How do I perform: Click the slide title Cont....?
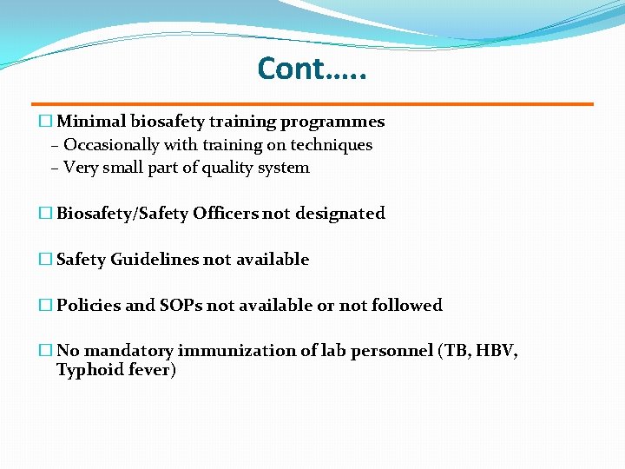coord(312,68)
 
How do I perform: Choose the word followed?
coord(407,306)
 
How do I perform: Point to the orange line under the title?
coord(312,104)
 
